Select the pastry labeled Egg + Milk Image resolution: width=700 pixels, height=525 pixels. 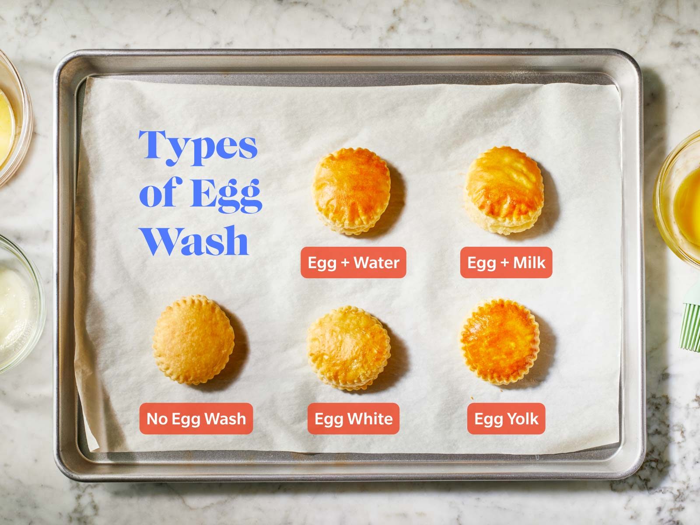tap(504, 189)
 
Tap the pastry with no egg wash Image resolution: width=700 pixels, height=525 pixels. tap(193, 340)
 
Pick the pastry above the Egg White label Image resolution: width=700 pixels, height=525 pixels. tap(349, 348)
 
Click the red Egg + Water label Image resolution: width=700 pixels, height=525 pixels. tap(353, 262)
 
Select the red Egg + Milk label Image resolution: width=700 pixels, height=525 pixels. tap(506, 262)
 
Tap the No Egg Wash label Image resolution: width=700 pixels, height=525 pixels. tap(196, 419)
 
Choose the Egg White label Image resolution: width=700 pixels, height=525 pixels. tap(353, 419)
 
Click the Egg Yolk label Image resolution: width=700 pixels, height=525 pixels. tap(506, 419)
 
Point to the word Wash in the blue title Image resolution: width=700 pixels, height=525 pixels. tap(195, 241)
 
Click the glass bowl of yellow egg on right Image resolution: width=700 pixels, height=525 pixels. tap(682, 197)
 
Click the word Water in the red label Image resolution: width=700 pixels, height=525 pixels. tap(377, 262)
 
